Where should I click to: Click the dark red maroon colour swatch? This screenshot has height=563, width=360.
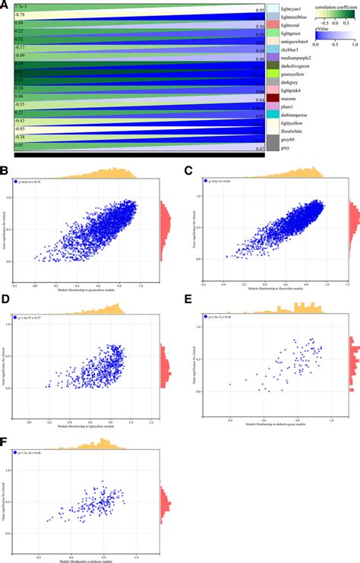point(272,99)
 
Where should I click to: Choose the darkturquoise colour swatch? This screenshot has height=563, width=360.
point(272,114)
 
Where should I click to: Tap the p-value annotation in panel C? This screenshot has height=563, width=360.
point(216,182)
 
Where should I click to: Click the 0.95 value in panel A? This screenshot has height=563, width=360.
point(260,11)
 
